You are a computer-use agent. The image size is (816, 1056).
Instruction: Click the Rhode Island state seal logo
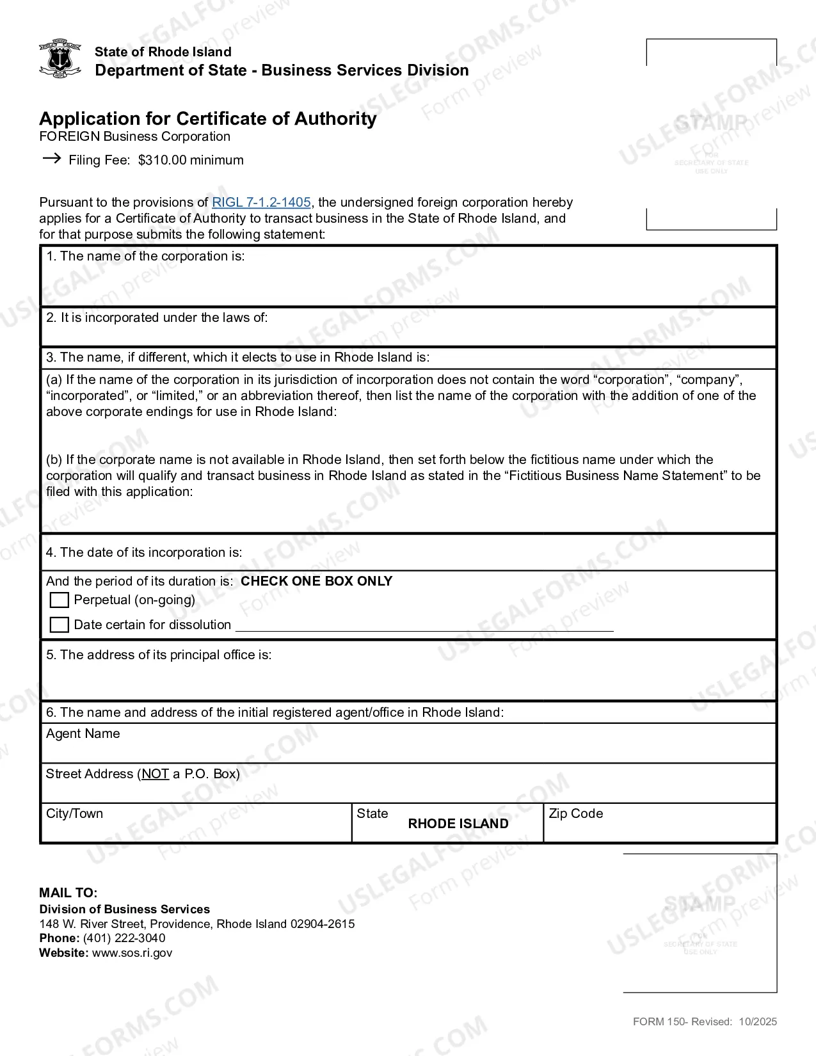click(60, 60)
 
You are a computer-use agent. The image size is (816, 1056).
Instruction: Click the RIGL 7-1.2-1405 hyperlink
click(261, 202)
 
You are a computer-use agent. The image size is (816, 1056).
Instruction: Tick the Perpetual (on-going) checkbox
click(60, 600)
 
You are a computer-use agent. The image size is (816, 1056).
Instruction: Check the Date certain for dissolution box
click(60, 625)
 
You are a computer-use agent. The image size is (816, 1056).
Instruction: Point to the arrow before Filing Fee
click(51, 159)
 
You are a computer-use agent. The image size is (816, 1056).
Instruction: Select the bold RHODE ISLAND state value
click(458, 824)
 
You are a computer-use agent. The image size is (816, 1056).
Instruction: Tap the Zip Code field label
click(575, 813)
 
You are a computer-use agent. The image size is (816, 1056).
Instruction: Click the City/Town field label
click(74, 813)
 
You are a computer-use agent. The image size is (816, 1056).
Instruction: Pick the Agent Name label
click(83, 733)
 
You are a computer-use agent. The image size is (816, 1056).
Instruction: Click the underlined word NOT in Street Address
click(155, 774)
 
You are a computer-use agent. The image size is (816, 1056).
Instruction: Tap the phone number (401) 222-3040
click(124, 938)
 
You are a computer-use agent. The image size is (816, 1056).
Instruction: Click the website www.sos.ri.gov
click(132, 953)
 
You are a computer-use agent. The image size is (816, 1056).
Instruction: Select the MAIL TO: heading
click(68, 893)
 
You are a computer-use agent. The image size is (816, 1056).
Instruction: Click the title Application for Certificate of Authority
click(208, 118)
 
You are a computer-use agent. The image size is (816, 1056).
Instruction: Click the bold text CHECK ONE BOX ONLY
click(316, 581)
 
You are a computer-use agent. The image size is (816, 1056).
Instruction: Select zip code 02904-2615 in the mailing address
click(323, 924)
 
